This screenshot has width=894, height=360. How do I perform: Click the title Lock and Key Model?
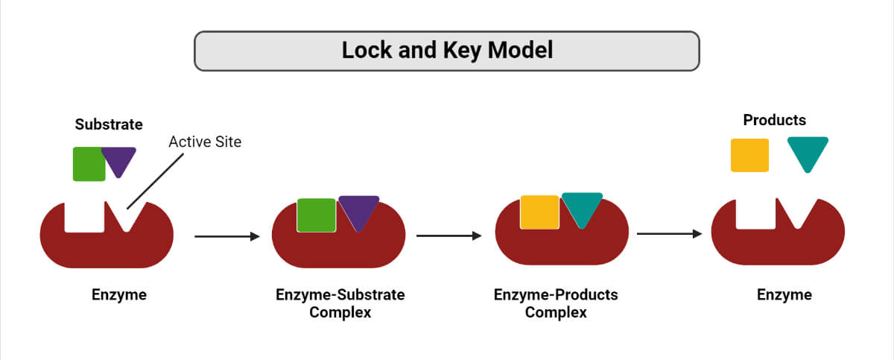tap(447, 51)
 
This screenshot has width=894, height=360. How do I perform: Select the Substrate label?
tap(109, 124)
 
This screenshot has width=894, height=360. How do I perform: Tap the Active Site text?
tap(205, 142)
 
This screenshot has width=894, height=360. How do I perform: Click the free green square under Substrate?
tap(89, 164)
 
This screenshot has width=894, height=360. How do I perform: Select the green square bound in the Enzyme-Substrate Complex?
tap(316, 215)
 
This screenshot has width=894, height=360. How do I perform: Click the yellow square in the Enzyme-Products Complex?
tap(539, 212)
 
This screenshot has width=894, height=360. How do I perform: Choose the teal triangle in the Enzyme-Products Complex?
tap(582, 207)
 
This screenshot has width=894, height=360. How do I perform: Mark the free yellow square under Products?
tap(749, 155)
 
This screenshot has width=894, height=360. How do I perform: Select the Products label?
tap(775, 120)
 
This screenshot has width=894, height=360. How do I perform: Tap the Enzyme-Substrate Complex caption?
tap(340, 303)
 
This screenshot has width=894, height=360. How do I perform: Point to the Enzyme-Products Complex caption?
tap(556, 303)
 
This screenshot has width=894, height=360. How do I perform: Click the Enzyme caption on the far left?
tap(119, 294)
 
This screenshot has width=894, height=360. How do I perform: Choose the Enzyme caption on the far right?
tap(784, 294)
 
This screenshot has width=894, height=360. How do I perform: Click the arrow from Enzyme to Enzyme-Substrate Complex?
tap(226, 237)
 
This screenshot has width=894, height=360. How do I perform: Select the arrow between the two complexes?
tap(449, 236)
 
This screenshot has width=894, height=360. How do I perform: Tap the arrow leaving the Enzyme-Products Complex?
tap(670, 234)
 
